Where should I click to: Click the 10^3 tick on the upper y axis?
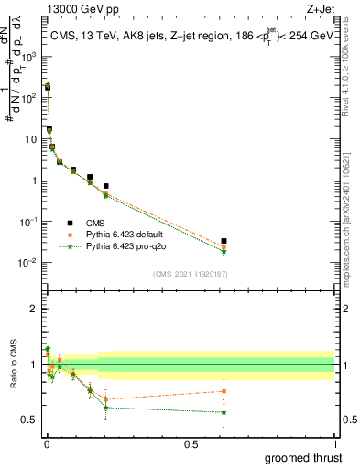point(30,57)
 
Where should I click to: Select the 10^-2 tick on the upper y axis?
point(30,263)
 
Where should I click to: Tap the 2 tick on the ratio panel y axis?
point(36,309)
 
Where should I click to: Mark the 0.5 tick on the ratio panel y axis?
point(32,420)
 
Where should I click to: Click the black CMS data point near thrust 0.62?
point(224,241)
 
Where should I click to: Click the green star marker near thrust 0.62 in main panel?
point(224,252)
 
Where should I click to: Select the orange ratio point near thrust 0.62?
point(224,391)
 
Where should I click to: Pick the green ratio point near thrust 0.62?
point(224,411)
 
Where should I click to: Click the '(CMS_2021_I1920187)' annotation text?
point(190,274)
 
